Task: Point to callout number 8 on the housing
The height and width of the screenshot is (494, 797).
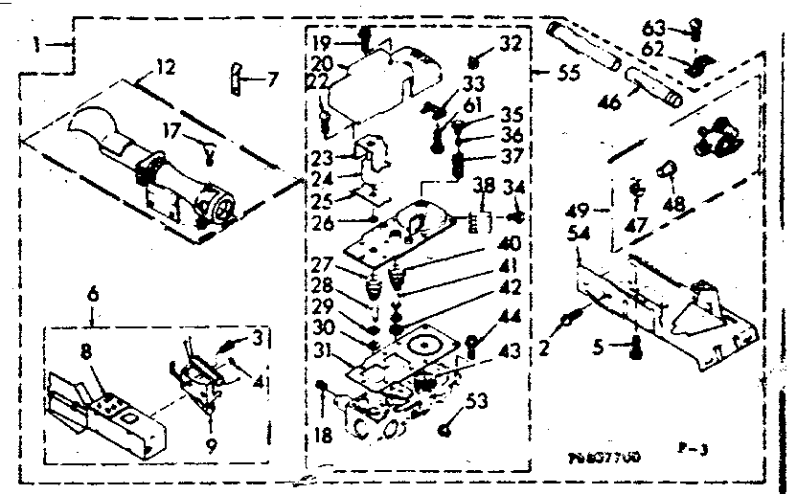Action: [85, 351]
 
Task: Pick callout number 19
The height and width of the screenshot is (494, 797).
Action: [321, 44]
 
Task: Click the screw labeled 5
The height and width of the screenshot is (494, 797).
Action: [634, 348]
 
